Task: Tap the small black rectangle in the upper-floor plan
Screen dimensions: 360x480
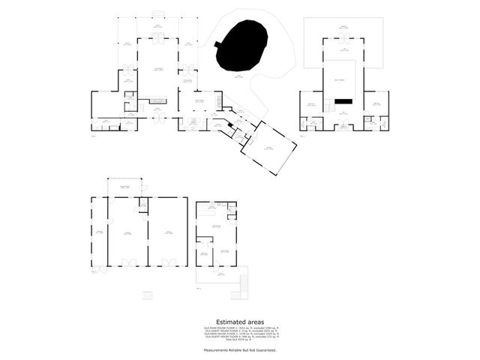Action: (343, 100)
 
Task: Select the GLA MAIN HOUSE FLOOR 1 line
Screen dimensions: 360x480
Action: (241, 328)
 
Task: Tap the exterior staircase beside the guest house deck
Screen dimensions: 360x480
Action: (241, 283)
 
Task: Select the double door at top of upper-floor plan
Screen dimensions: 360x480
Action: (343, 39)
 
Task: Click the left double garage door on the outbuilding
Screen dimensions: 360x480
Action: (127, 262)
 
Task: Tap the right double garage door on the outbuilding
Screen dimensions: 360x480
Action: (169, 262)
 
